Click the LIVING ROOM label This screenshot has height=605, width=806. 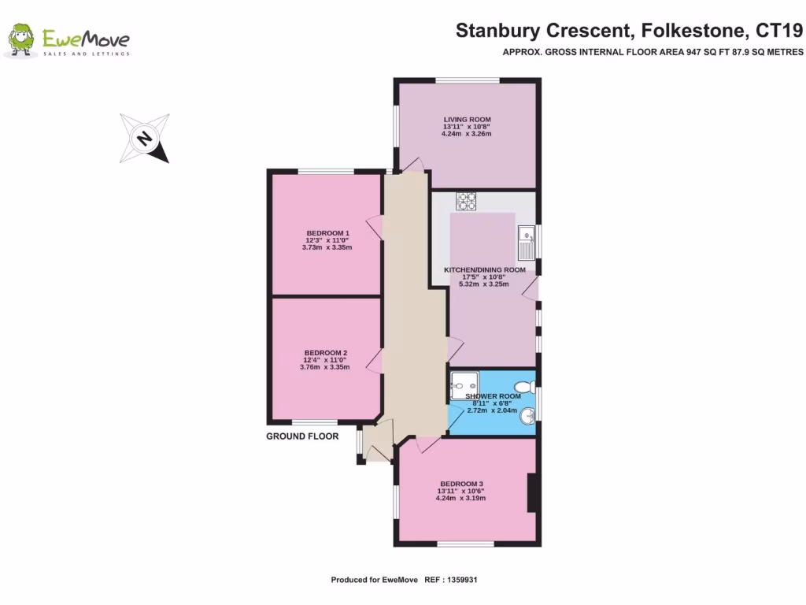467,120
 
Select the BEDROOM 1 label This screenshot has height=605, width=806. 327,233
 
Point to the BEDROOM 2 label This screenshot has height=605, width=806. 326,353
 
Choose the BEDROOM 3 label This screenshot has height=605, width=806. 461,484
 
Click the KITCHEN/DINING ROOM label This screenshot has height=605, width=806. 484,270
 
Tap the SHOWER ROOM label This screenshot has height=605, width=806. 493,396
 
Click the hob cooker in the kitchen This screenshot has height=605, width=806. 468,202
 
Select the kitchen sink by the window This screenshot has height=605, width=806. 526,243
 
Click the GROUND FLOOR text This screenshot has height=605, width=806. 302,436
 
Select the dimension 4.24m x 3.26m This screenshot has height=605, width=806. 467,134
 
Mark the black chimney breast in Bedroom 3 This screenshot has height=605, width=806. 532,493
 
